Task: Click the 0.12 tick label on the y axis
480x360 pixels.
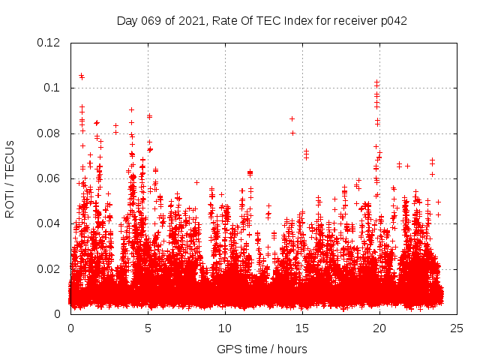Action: (49, 43)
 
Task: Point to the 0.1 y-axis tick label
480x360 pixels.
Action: (52, 88)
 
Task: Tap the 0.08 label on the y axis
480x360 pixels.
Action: (49, 133)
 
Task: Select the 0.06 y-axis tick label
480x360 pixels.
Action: (49, 178)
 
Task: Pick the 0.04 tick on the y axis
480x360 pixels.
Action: (49, 223)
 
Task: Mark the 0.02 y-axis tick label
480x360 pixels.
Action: (49, 269)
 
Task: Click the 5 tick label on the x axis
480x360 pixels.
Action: (148, 328)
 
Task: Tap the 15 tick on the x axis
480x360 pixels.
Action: (303, 328)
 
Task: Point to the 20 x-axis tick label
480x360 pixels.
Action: (380, 328)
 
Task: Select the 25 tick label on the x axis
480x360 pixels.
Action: (457, 328)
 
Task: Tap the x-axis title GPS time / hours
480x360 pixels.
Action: (262, 349)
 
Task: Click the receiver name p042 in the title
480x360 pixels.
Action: (392, 20)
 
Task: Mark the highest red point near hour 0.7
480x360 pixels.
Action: (82, 76)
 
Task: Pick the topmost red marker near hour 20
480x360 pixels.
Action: (376, 82)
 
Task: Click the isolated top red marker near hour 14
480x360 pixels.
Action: (292, 118)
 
